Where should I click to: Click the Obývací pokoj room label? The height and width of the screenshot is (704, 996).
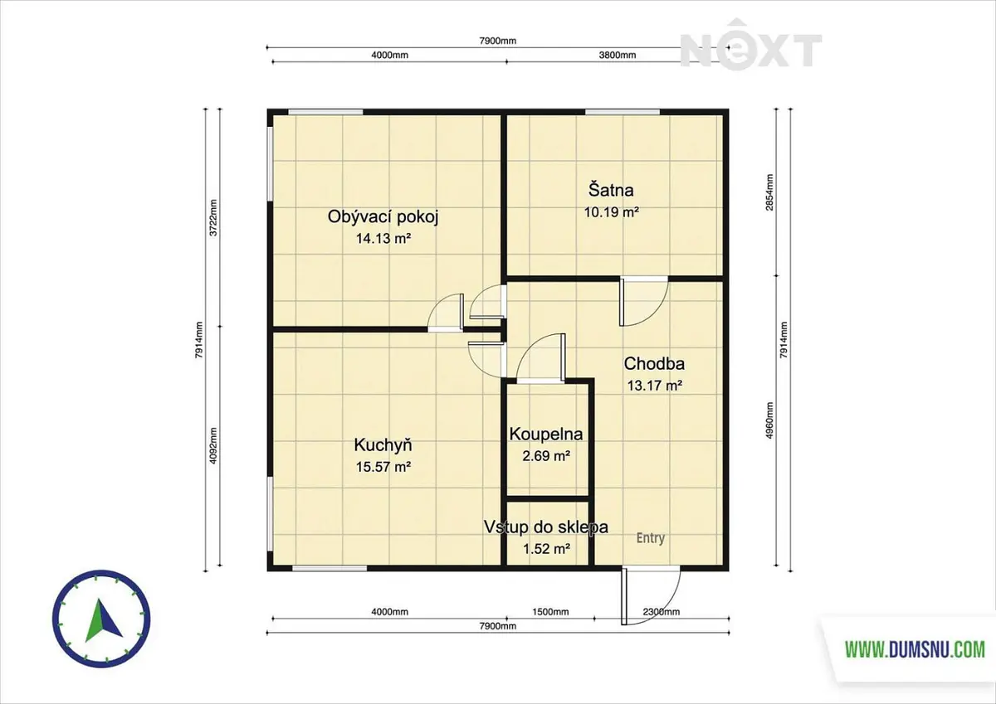click(383, 217)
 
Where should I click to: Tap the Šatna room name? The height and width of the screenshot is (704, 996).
click(611, 190)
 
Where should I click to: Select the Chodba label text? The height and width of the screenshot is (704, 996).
click(654, 364)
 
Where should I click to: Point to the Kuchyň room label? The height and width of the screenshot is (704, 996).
click(383, 445)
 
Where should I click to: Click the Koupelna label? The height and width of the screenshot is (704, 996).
click(546, 434)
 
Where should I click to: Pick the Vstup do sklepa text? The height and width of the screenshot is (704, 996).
click(546, 527)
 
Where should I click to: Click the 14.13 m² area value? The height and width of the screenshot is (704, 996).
click(383, 239)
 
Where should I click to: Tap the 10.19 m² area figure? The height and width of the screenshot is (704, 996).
click(612, 212)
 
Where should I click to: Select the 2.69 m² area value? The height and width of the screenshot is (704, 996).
click(546, 456)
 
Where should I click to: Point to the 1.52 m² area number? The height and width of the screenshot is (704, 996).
click(546, 550)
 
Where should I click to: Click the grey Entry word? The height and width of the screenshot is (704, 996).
click(651, 538)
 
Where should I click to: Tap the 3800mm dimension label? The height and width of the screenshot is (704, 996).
click(618, 55)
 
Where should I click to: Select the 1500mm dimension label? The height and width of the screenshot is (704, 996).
click(550, 612)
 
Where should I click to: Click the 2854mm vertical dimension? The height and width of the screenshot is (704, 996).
click(769, 192)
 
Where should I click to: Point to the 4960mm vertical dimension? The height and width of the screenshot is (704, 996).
click(769, 420)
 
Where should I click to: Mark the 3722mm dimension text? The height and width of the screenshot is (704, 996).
click(213, 217)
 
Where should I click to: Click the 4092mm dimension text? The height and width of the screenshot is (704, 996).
click(213, 446)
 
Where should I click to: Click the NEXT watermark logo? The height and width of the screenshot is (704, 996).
click(751, 46)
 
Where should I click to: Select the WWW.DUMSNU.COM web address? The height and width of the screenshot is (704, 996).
click(915, 650)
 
